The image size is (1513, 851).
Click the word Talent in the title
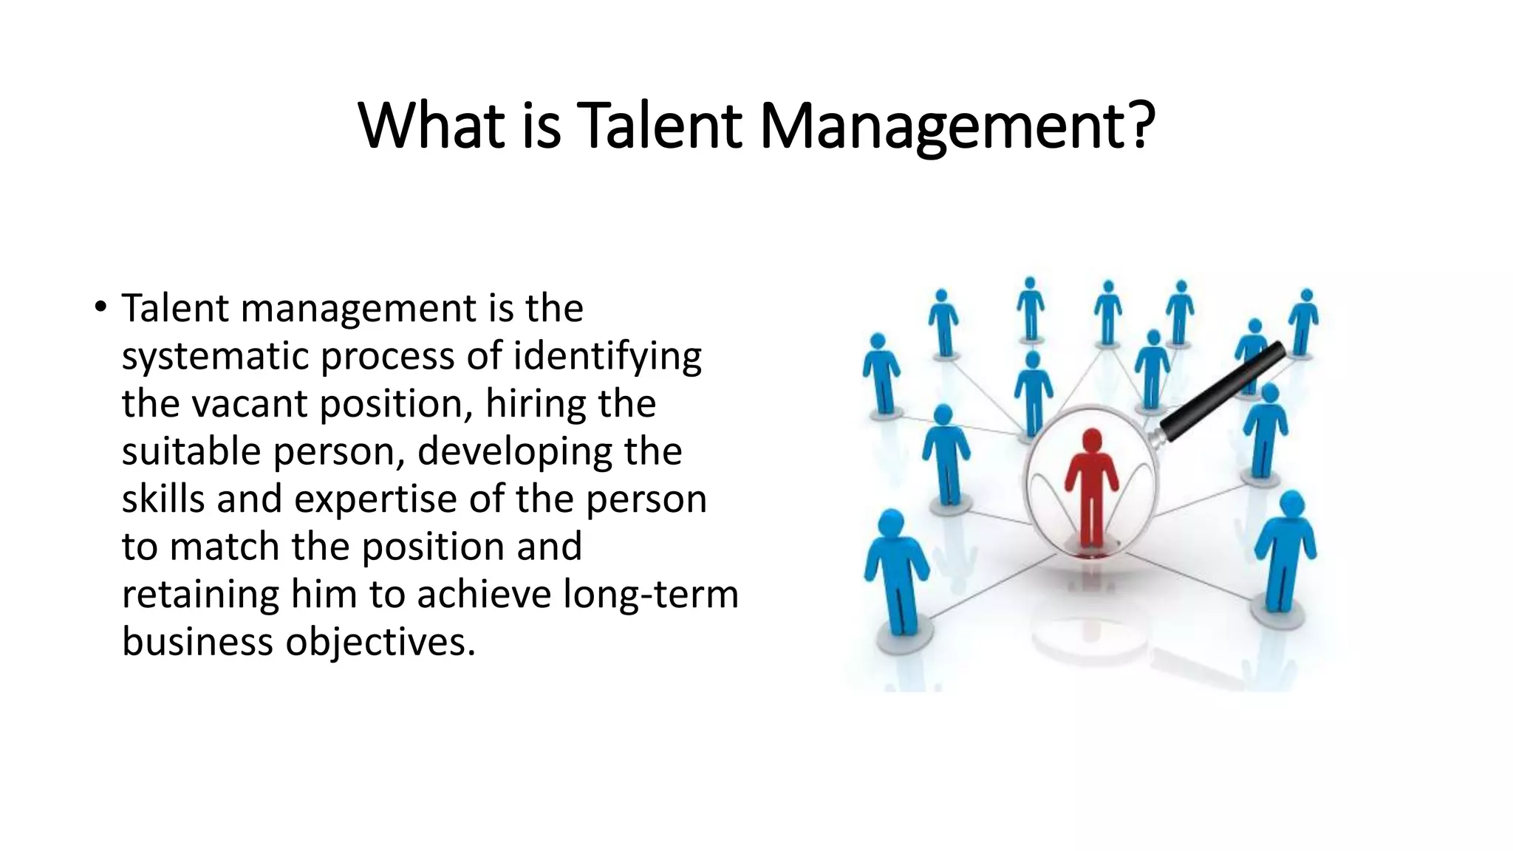pos(659,126)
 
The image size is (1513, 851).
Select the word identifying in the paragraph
pos(607,357)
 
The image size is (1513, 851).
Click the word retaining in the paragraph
pos(200,595)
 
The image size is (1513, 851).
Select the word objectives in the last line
pos(380,643)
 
